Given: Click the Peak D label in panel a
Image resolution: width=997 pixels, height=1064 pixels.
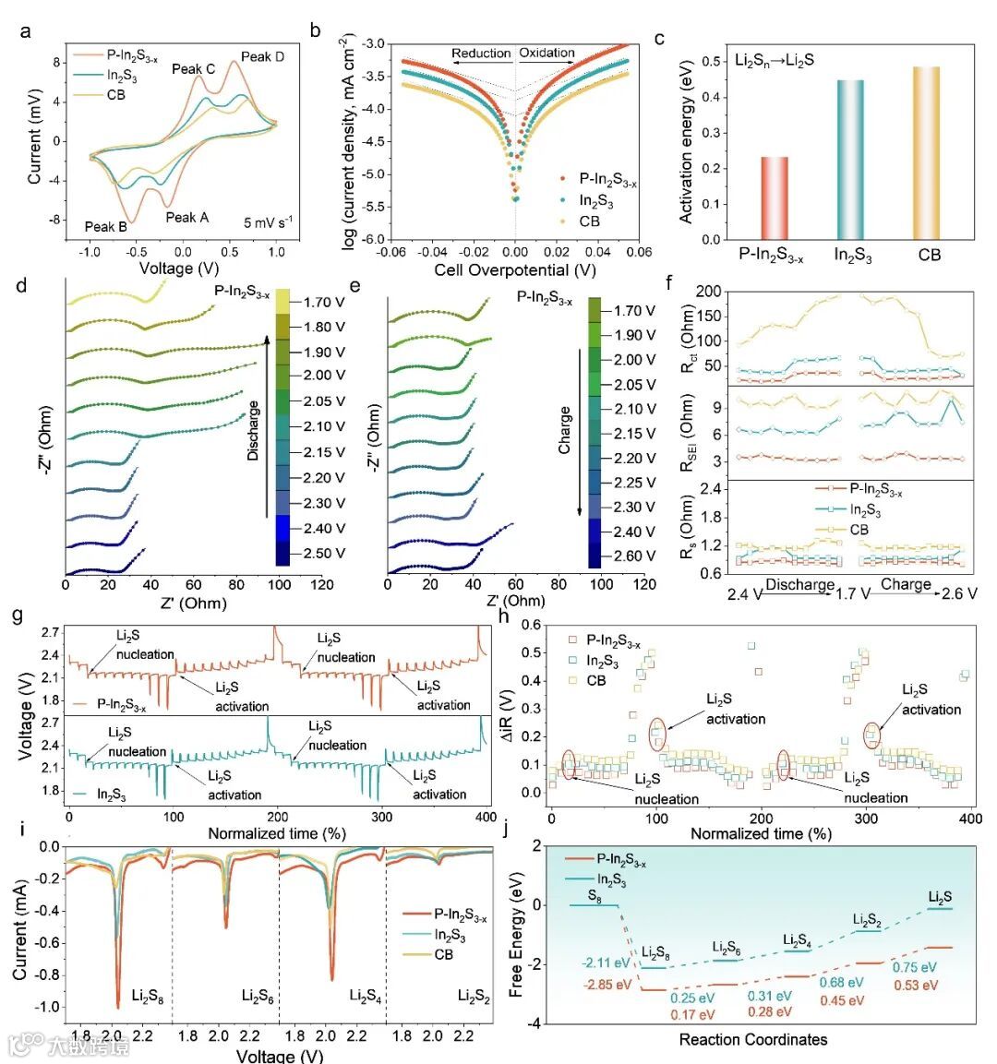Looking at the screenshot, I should [x=262, y=57].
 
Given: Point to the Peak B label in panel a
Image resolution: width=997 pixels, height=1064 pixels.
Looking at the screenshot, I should [x=105, y=226].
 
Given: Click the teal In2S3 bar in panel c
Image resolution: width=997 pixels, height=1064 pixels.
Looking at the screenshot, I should [x=851, y=160].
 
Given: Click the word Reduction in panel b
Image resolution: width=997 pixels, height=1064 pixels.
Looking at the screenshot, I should [x=481, y=54].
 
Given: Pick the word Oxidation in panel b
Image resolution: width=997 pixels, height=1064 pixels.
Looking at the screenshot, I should [x=547, y=54].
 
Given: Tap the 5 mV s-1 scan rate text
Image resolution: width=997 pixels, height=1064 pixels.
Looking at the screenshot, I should [x=268, y=222].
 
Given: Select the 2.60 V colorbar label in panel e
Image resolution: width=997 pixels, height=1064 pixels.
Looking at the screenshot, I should [x=635, y=556].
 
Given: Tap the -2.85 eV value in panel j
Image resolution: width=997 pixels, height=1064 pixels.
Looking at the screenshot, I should [x=607, y=985].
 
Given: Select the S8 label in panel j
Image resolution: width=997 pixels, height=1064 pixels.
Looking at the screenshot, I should [x=595, y=895].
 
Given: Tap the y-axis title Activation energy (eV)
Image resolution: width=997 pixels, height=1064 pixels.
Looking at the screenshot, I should [x=686, y=148].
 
